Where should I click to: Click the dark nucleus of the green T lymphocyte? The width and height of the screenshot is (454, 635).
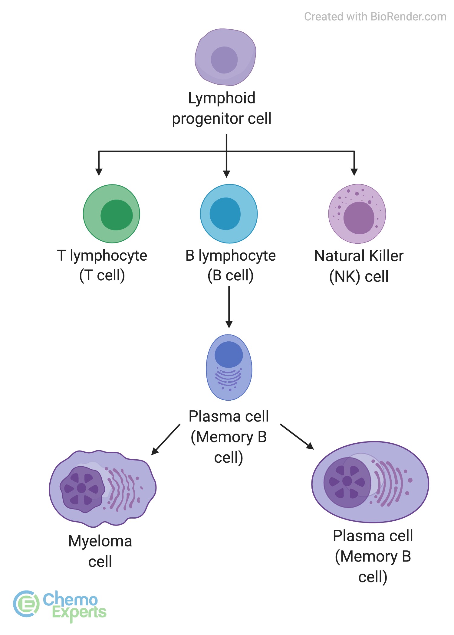(117, 215)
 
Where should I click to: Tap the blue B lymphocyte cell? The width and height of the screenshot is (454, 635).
(229, 214)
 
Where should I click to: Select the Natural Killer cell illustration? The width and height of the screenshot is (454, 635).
(357, 214)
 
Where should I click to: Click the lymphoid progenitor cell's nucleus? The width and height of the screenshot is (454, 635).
(224, 60)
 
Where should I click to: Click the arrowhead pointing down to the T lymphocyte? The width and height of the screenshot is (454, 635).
(99, 172)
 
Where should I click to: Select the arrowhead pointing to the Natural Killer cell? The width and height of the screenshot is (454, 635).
(354, 172)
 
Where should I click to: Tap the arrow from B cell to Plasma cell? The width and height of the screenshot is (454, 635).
(229, 307)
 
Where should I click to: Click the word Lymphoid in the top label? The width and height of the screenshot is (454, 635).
(222, 98)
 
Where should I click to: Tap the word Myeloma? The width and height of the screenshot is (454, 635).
(100, 542)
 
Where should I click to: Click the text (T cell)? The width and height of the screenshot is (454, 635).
(102, 275)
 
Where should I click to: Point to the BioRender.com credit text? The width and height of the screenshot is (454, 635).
(375, 17)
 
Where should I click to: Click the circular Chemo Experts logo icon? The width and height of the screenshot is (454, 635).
(26, 604)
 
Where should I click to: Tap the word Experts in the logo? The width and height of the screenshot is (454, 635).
(79, 612)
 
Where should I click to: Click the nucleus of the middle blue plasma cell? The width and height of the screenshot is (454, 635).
(229, 355)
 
